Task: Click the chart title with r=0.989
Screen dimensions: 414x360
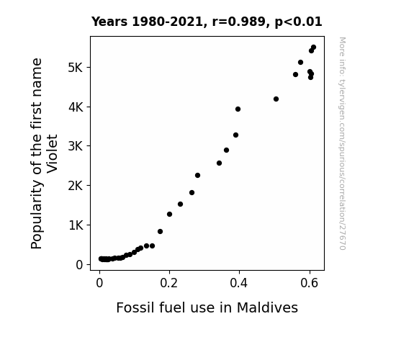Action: (x=207, y=22)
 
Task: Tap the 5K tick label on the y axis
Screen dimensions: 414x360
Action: (x=76, y=68)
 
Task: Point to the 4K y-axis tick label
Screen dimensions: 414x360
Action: (x=76, y=107)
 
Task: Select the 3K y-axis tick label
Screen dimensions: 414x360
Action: (x=76, y=146)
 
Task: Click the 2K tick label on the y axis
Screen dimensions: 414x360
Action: (x=76, y=186)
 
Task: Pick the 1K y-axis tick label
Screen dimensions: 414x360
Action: (x=76, y=225)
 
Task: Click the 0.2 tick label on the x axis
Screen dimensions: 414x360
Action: (x=169, y=283)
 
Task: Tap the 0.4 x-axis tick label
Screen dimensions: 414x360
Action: (x=239, y=283)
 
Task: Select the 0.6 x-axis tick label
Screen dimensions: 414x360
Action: (x=309, y=283)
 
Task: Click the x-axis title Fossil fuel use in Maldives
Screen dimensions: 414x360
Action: (x=207, y=307)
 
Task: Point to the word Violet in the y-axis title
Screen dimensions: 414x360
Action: (x=52, y=153)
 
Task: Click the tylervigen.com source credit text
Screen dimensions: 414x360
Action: (x=342, y=143)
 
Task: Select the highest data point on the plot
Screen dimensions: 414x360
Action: (x=313, y=48)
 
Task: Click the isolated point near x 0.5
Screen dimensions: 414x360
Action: (x=276, y=99)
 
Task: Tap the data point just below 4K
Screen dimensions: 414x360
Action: (x=238, y=109)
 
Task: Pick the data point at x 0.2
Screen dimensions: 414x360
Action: (x=169, y=215)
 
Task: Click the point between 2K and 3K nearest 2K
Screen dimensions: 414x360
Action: (x=197, y=176)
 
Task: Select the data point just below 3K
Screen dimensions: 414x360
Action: (x=226, y=150)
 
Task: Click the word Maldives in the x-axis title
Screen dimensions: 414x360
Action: (x=267, y=307)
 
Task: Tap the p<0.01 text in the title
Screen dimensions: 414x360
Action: (x=298, y=22)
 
